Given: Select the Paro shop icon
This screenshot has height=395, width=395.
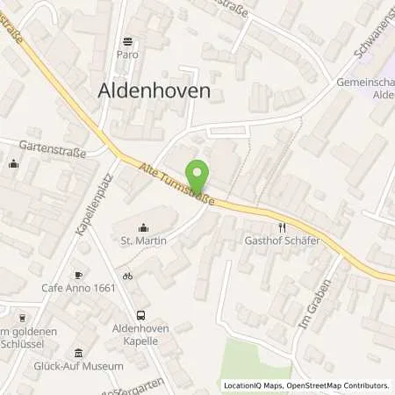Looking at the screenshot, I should [x=129, y=40].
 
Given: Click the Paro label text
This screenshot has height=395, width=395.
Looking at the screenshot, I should [x=129, y=54].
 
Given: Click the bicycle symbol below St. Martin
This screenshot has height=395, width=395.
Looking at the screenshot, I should [x=127, y=276].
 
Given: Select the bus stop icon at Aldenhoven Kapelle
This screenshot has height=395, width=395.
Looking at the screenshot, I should [x=140, y=315].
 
